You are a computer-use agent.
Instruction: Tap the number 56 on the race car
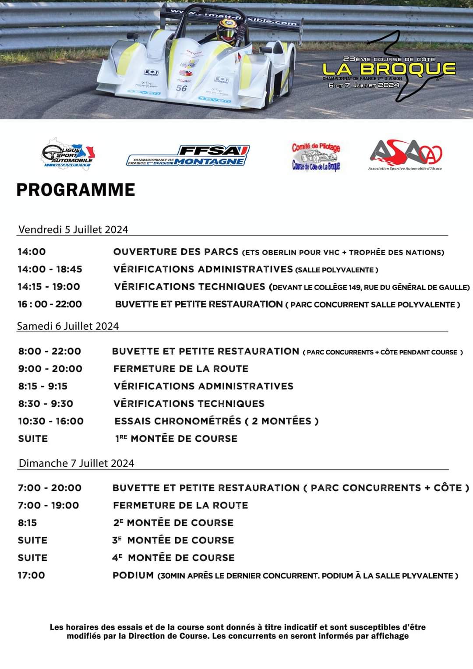pyautogui.click(x=182, y=88)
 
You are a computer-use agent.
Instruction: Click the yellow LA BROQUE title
pyautogui.click(x=389, y=69)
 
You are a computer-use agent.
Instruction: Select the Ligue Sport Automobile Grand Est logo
pyautogui.click(x=68, y=154)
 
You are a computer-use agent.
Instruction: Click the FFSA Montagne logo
pyautogui.click(x=188, y=156)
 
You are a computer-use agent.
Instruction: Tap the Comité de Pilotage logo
pyautogui.click(x=316, y=156)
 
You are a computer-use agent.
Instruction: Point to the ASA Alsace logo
pyautogui.click(x=406, y=155)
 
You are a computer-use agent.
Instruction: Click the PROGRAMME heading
pyautogui.click(x=76, y=190)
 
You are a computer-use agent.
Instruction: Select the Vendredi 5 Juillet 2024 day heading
pyautogui.click(x=73, y=229)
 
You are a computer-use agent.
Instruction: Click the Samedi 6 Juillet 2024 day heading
pyautogui.click(x=68, y=326)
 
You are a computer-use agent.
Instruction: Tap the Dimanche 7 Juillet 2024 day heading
pyautogui.click(x=76, y=463)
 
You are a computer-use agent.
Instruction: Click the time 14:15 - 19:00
pyautogui.click(x=49, y=287)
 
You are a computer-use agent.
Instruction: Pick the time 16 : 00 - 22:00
pyautogui.click(x=49, y=304)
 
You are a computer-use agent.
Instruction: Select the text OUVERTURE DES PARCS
pyautogui.click(x=176, y=252)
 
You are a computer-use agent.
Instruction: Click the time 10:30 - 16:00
pyautogui.click(x=50, y=421)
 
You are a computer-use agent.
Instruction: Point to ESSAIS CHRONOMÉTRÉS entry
pyautogui.click(x=178, y=421)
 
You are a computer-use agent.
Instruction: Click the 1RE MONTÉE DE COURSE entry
pyautogui.click(x=176, y=439)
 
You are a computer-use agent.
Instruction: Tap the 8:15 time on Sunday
pyautogui.click(x=27, y=523)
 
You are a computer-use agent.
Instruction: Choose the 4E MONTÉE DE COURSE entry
pyautogui.click(x=173, y=558)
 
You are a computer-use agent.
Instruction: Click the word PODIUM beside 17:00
pyautogui.click(x=133, y=575)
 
